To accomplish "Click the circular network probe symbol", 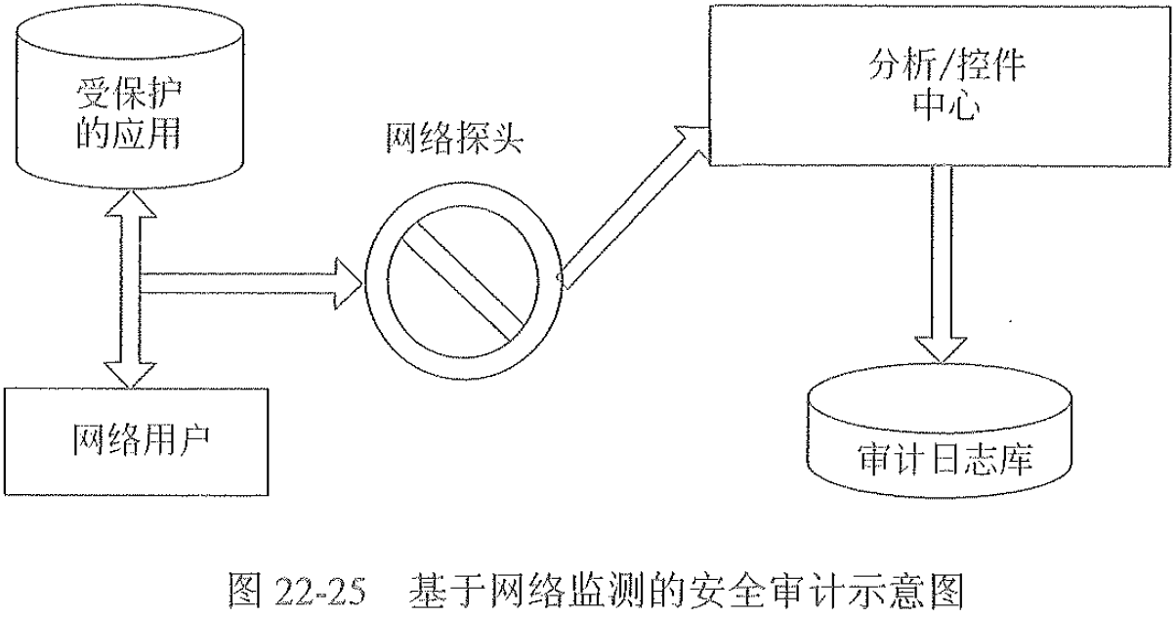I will click(462, 279).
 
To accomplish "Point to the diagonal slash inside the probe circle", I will click(462, 279).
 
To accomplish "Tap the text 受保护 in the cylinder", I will click(128, 96).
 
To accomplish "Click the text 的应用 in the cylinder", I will click(128, 134).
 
